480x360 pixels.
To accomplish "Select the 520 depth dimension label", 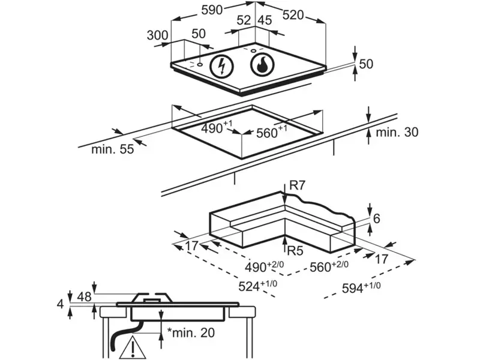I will coord(293,16).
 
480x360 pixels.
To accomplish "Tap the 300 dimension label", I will coord(158,35).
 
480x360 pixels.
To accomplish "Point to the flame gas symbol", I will coord(261,65).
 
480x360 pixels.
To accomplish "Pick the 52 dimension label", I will coord(244,20).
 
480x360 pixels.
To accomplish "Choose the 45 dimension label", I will coord(265,20).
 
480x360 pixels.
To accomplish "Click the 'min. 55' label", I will coord(112,149).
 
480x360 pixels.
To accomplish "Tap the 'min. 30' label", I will coord(397,133).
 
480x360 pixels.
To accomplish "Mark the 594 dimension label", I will coord(362,288).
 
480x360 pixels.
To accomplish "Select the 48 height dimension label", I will coord(85,297).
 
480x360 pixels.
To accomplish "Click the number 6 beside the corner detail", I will coord(377,219).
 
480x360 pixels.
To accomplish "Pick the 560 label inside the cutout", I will coord(273,133).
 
